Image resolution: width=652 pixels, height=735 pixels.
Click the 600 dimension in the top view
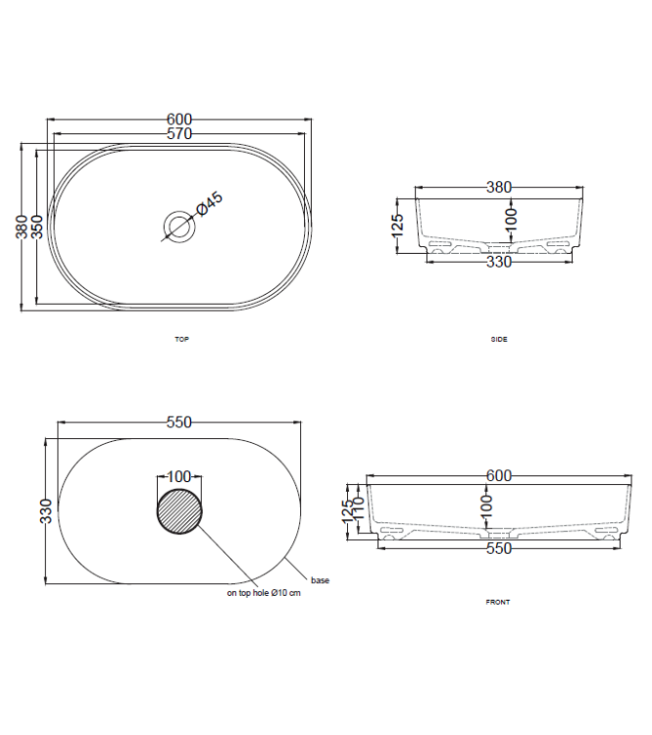(178, 120)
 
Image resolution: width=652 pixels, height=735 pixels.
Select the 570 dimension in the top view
(178, 133)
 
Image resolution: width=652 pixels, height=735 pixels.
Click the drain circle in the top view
(179, 226)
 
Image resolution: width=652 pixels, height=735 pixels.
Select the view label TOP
(180, 339)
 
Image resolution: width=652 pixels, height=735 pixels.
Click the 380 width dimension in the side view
(499, 187)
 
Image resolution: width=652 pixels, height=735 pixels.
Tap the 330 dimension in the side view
(499, 261)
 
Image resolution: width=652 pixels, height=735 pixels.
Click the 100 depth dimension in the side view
(511, 219)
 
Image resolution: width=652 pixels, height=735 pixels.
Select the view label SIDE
(499, 339)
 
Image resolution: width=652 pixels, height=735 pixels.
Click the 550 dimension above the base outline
(178, 422)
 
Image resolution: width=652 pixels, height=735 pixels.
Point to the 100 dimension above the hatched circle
(178, 477)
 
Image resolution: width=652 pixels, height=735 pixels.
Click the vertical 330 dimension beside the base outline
(45, 511)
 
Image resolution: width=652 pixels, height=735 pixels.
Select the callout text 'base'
(320, 580)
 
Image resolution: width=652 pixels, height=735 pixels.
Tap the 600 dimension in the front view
(499, 476)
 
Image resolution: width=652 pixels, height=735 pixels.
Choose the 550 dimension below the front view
(499, 550)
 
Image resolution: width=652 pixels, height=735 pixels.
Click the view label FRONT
(498, 602)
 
